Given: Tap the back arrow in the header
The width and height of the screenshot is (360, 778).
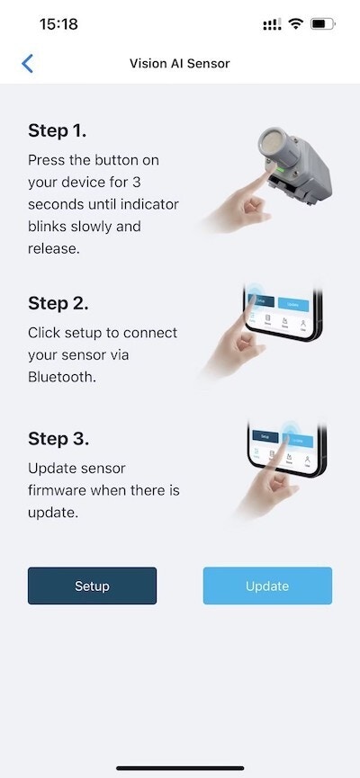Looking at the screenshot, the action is pyautogui.click(x=27, y=64).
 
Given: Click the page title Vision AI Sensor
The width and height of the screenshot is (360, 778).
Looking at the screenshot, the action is pyautogui.click(x=180, y=64).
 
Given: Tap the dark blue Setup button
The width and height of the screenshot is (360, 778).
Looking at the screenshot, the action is pyautogui.click(x=92, y=586).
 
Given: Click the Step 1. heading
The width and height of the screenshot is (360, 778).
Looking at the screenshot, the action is pyautogui.click(x=57, y=131).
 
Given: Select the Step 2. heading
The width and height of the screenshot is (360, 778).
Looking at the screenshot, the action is pyautogui.click(x=58, y=303).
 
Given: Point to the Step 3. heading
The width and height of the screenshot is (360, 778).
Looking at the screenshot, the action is pyautogui.click(x=58, y=439).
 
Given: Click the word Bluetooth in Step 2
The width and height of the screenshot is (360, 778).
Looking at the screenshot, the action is pyautogui.click(x=61, y=377).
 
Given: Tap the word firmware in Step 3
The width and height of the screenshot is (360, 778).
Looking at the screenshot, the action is pyautogui.click(x=58, y=491).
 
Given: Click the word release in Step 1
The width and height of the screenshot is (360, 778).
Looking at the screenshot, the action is pyautogui.click(x=52, y=249).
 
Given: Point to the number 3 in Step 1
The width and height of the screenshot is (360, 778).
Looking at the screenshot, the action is pyautogui.click(x=136, y=183).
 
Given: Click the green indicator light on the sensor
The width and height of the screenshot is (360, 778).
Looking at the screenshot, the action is pyautogui.click(x=280, y=170).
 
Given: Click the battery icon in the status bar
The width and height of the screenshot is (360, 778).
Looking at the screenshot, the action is pyautogui.click(x=323, y=23).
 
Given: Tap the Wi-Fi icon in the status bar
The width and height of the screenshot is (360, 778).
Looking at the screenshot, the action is pyautogui.click(x=296, y=23).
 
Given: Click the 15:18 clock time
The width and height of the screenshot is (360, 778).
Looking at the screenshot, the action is pyautogui.click(x=58, y=23).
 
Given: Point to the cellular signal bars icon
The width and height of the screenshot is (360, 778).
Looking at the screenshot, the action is pyautogui.click(x=272, y=23).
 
